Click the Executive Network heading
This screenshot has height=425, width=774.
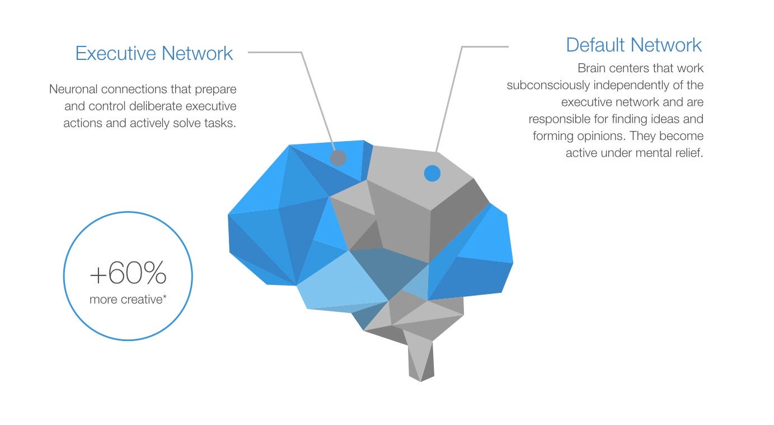[x=154, y=53]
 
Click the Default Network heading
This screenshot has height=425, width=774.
[x=634, y=45]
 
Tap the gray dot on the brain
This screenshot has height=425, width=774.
[x=338, y=158]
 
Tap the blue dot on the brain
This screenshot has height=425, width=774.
[x=432, y=173]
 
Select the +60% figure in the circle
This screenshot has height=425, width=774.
[x=128, y=274]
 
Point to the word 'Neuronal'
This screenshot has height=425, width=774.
[x=73, y=89]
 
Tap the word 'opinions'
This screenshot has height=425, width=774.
[x=597, y=136]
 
